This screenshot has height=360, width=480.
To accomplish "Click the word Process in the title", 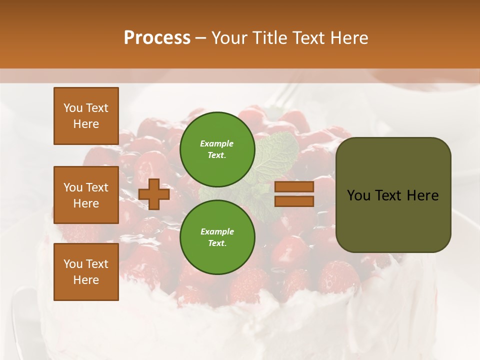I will (157, 38).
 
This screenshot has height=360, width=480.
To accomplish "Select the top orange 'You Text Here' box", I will (86, 116).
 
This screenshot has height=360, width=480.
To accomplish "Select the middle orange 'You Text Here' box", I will (86, 195).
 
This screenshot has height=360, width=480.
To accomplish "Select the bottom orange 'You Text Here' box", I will (86, 272).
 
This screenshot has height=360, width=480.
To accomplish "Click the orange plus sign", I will (154, 194).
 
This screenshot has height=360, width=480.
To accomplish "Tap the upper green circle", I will (217, 149).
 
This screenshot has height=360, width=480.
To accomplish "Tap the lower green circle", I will (217, 237).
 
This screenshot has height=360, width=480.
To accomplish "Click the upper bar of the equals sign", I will (294, 187).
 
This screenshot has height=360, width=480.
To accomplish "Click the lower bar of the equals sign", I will (294, 201).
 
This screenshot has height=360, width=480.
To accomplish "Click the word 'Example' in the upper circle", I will (217, 143).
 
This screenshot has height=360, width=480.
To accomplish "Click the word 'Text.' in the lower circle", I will (217, 243).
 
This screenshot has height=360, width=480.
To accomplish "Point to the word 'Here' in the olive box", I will (422, 195).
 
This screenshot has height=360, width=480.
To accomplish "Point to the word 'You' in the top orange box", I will (73, 108).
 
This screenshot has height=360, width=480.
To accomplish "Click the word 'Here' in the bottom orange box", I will (86, 280).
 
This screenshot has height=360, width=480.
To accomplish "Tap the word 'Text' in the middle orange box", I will (97, 187).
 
